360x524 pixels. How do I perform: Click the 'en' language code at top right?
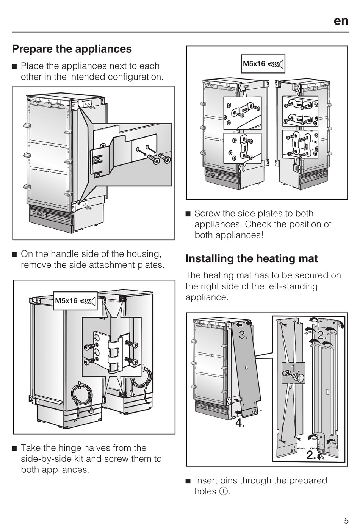coord(341,21)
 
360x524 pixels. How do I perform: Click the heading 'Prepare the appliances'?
coord(72,49)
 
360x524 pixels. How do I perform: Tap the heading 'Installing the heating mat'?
coord(252,258)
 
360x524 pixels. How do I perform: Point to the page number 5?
coord(346,518)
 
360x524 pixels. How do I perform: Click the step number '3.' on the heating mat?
coord(244,335)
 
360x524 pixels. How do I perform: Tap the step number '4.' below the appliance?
coord(240,422)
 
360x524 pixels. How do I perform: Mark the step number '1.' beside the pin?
coord(296,368)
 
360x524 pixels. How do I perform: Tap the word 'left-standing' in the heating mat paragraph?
coord(290,286)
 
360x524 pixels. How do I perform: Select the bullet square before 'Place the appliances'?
coord(14,66)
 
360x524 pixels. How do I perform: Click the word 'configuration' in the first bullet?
coord(135,77)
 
